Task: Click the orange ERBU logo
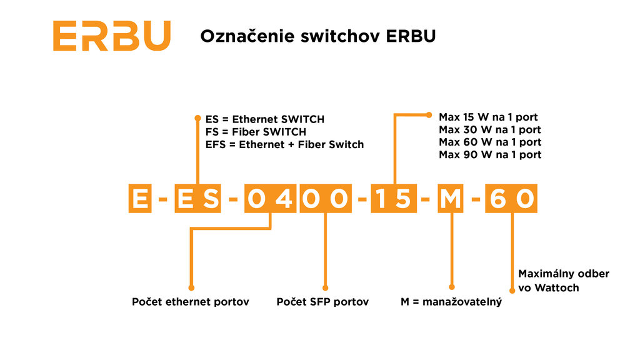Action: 111,36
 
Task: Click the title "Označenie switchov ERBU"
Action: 318,36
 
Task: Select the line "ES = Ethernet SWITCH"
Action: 265,119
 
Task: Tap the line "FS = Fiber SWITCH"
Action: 256,132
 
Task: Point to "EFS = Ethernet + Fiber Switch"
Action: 284,144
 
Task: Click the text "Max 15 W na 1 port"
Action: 488,117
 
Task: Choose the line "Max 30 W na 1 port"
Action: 490,130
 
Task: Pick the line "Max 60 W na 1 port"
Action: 490,142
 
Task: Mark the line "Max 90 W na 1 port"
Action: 490,155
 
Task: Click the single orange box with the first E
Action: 140,198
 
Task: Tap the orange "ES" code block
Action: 197,198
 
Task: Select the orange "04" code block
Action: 270,198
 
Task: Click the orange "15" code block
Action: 394,198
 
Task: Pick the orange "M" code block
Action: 450,198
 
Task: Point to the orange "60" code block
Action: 511,198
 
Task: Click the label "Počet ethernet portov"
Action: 190,302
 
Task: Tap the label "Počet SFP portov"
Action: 322,302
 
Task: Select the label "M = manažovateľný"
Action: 451,302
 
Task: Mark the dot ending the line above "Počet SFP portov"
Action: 325,287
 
